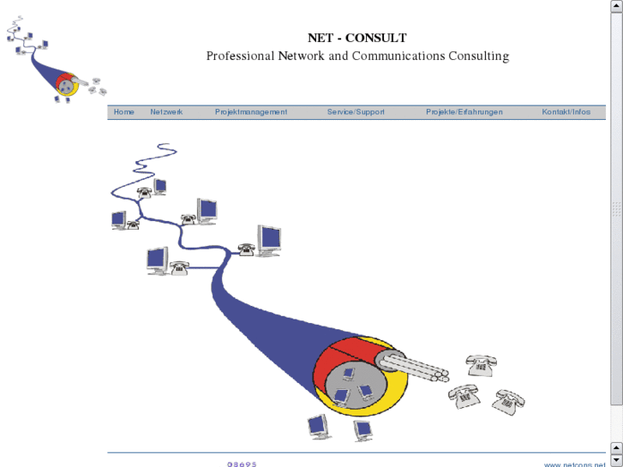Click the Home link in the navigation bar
[124, 112]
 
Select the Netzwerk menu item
[166, 112]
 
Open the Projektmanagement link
[251, 112]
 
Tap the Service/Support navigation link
[356, 112]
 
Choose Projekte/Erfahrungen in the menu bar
[464, 112]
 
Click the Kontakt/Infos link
[566, 112]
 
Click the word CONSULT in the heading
[376, 38]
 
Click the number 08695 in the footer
[242, 464]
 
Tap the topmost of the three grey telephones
[482, 365]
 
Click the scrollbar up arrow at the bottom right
[616, 447]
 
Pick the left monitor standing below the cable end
[318, 426]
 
